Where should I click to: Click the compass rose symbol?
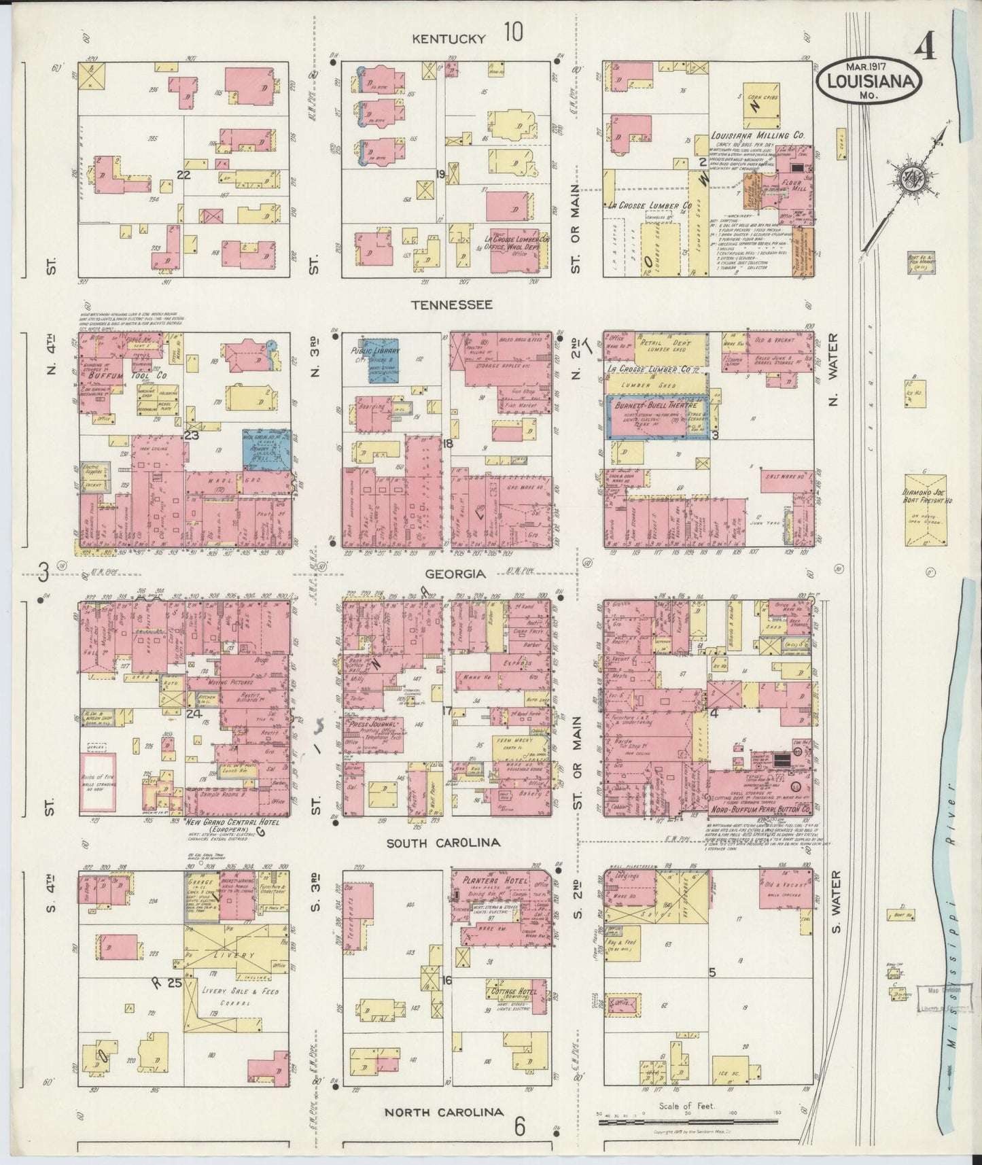click(x=907, y=179)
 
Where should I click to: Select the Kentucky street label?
click(x=450, y=39)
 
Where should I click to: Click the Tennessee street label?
click(x=450, y=305)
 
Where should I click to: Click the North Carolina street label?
click(x=444, y=1112)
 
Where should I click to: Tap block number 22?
click(x=181, y=174)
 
